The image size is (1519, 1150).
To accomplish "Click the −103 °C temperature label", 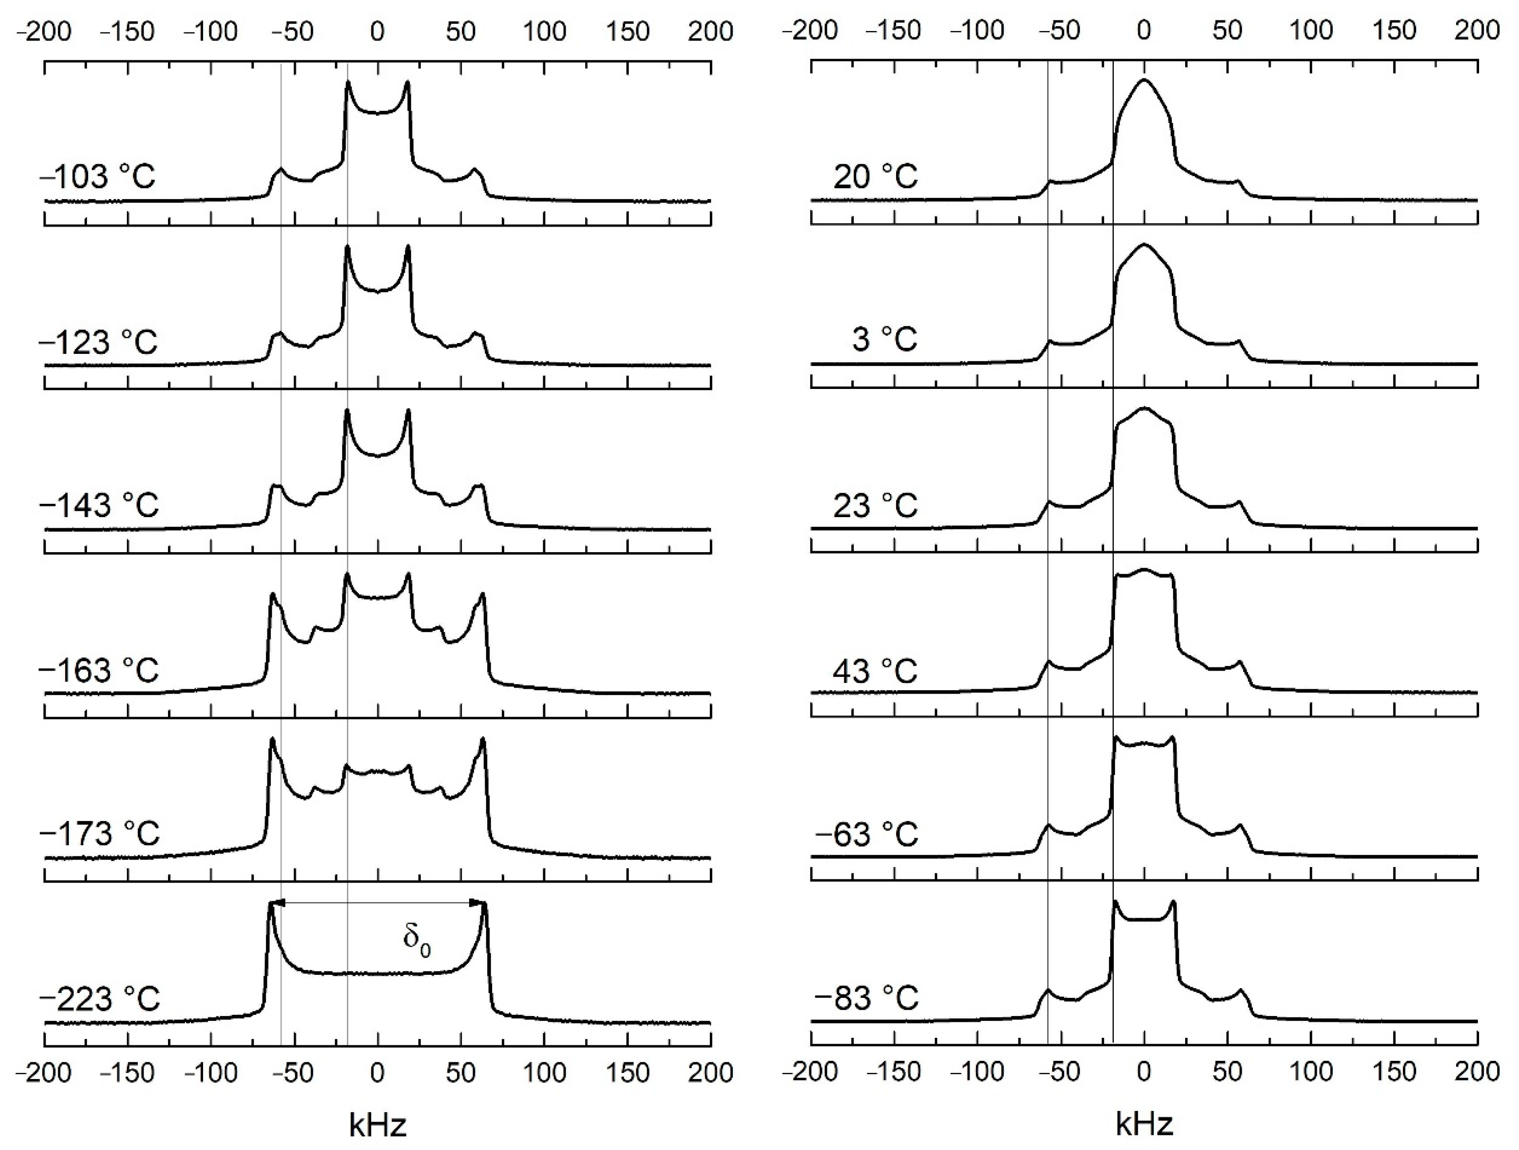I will (x=98, y=177).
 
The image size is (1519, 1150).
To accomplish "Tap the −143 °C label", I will (x=100, y=506).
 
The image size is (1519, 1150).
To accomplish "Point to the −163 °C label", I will (x=100, y=670).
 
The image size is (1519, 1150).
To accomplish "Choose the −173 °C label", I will (x=100, y=834).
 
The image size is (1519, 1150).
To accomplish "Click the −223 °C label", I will (x=100, y=998).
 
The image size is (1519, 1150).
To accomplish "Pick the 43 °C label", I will (x=876, y=670).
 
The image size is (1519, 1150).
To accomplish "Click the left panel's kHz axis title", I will (x=378, y=1125).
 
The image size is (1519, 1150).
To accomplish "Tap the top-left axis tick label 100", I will (x=544, y=31).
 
